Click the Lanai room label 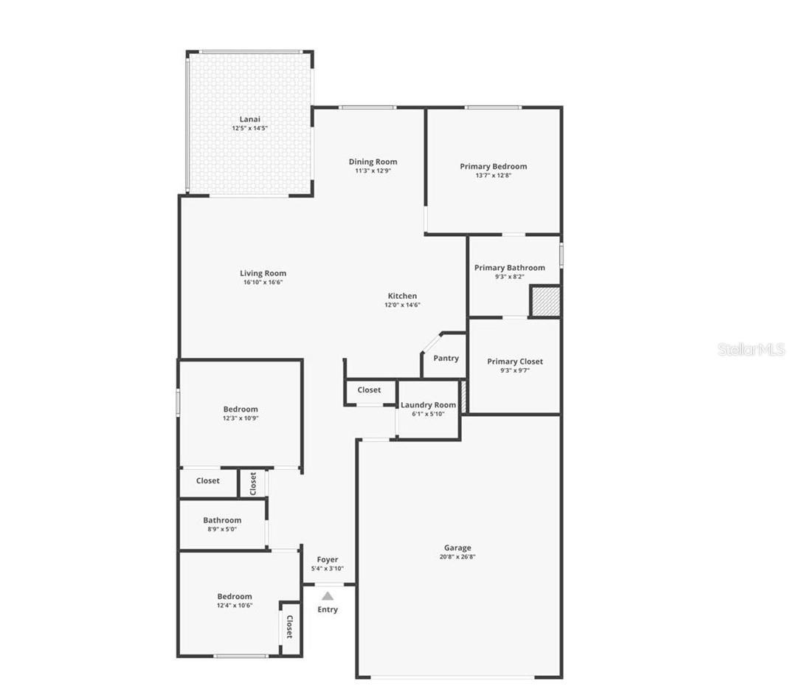tap(249, 119)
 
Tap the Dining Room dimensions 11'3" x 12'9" tap(373, 171)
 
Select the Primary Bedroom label tap(493, 166)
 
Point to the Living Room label tap(263, 273)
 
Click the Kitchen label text tap(402, 296)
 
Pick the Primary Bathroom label tap(509, 268)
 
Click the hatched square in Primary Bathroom tap(545, 302)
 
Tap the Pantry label tap(446, 358)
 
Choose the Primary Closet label tap(514, 362)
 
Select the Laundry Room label tap(428, 405)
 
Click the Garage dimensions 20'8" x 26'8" tap(457, 557)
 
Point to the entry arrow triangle tap(328, 595)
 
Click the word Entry tap(328, 609)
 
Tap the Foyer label tap(328, 560)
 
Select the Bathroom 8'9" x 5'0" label tap(222, 520)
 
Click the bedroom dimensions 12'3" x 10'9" tap(241, 418)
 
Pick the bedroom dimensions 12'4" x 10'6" tap(235, 606)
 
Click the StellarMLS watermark tap(751, 349)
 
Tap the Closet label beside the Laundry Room tap(369, 390)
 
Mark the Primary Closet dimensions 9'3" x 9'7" tap(514, 370)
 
